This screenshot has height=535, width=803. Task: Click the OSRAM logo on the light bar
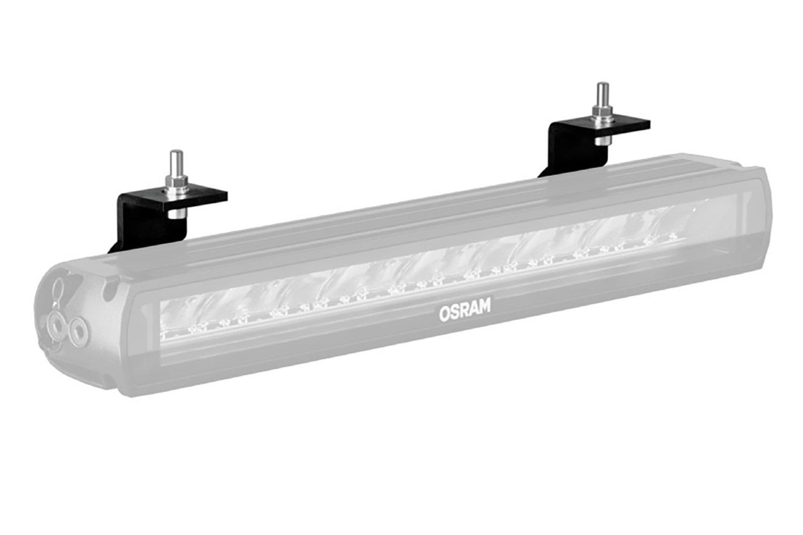coord(464,310)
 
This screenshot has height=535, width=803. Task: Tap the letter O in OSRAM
coord(444,313)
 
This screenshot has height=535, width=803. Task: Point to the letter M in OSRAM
coord(483,306)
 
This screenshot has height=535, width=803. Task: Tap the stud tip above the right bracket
coord(603,88)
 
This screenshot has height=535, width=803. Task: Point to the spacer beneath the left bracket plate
coord(176,214)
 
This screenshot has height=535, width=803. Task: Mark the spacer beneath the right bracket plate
coord(603,140)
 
